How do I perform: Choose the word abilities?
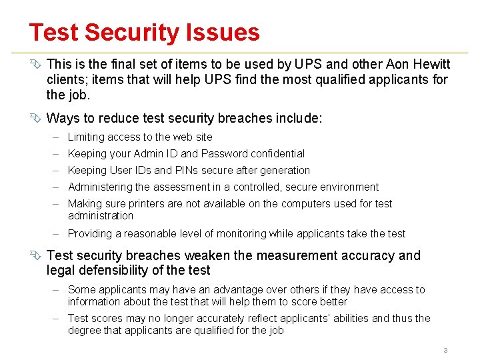[347, 319]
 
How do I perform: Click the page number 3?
[445, 350]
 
